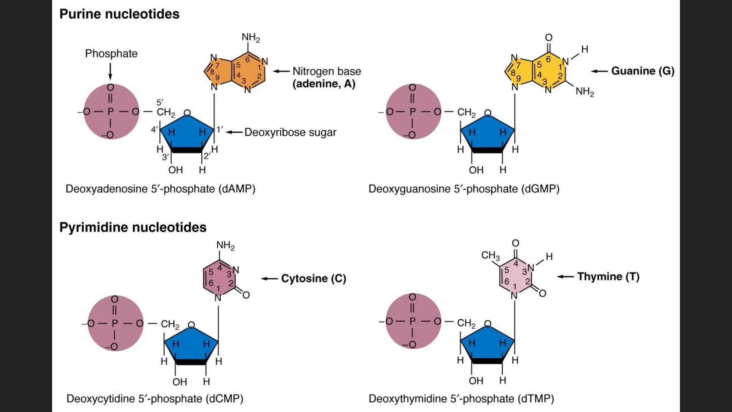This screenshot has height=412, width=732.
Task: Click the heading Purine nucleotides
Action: (119, 14)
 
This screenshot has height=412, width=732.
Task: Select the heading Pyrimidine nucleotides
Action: (133, 227)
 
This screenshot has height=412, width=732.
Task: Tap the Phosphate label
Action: (111, 54)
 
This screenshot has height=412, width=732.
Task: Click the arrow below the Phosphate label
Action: (110, 72)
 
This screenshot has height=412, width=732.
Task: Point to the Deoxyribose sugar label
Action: (290, 132)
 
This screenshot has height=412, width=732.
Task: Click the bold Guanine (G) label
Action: (643, 71)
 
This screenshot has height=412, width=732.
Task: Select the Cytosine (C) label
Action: (313, 278)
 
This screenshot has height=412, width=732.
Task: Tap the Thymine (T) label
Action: (608, 276)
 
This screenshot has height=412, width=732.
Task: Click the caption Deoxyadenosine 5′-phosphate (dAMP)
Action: (160, 189)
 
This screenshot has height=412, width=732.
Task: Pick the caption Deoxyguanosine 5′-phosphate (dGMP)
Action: (464, 189)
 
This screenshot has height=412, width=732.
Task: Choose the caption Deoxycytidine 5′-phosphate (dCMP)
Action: (155, 398)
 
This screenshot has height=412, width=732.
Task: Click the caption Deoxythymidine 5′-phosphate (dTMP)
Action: (461, 398)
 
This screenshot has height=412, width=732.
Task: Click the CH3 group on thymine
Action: (490, 255)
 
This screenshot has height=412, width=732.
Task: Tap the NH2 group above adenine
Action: (251, 38)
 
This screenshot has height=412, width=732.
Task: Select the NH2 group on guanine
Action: (585, 92)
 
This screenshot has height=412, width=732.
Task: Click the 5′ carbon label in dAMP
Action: (160, 102)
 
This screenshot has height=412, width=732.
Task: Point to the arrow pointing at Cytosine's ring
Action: (269, 279)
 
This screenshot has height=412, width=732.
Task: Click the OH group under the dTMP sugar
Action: (476, 381)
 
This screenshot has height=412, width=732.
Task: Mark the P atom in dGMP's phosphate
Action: (412, 112)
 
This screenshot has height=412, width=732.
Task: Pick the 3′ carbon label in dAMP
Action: (165, 157)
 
